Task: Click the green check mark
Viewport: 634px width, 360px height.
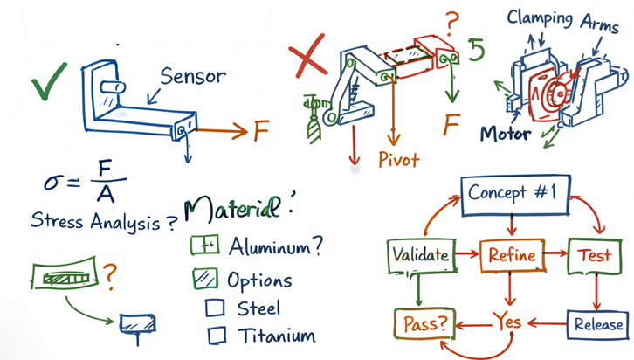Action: coord(49,86)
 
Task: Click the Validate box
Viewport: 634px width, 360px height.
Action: coord(420,255)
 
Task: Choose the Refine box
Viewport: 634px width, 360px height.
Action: coord(511,255)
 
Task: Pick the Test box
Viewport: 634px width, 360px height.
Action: coord(589,255)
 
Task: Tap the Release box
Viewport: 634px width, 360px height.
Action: coord(598,324)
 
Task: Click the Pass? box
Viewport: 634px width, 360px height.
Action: coord(425,323)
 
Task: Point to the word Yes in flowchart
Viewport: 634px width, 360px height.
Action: coord(507,322)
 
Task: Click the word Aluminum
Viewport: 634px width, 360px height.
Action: coord(273,247)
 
